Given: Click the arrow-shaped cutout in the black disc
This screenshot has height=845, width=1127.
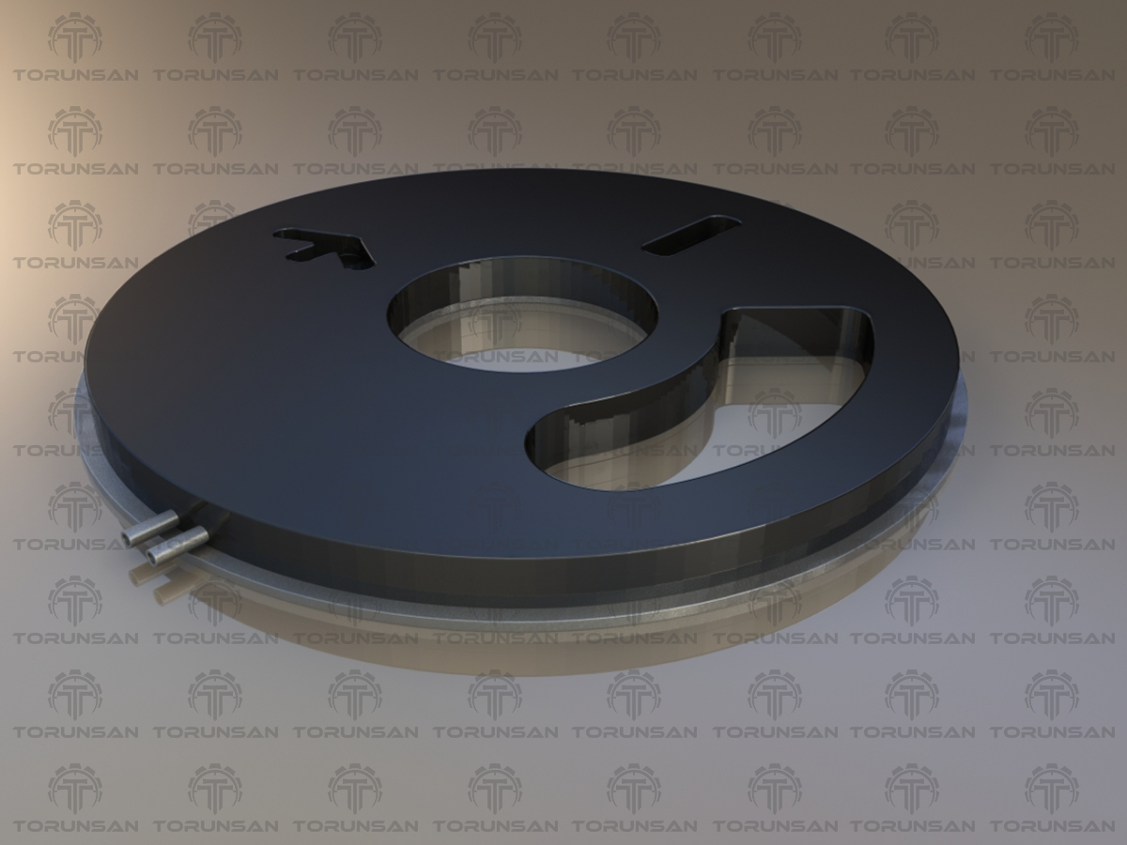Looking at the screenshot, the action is click(x=329, y=247).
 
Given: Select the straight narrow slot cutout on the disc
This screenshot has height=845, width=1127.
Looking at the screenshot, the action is click(x=692, y=236).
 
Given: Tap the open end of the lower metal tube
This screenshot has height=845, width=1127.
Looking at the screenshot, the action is click(x=151, y=554).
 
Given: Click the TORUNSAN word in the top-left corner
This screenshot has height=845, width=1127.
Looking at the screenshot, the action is click(x=75, y=75).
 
